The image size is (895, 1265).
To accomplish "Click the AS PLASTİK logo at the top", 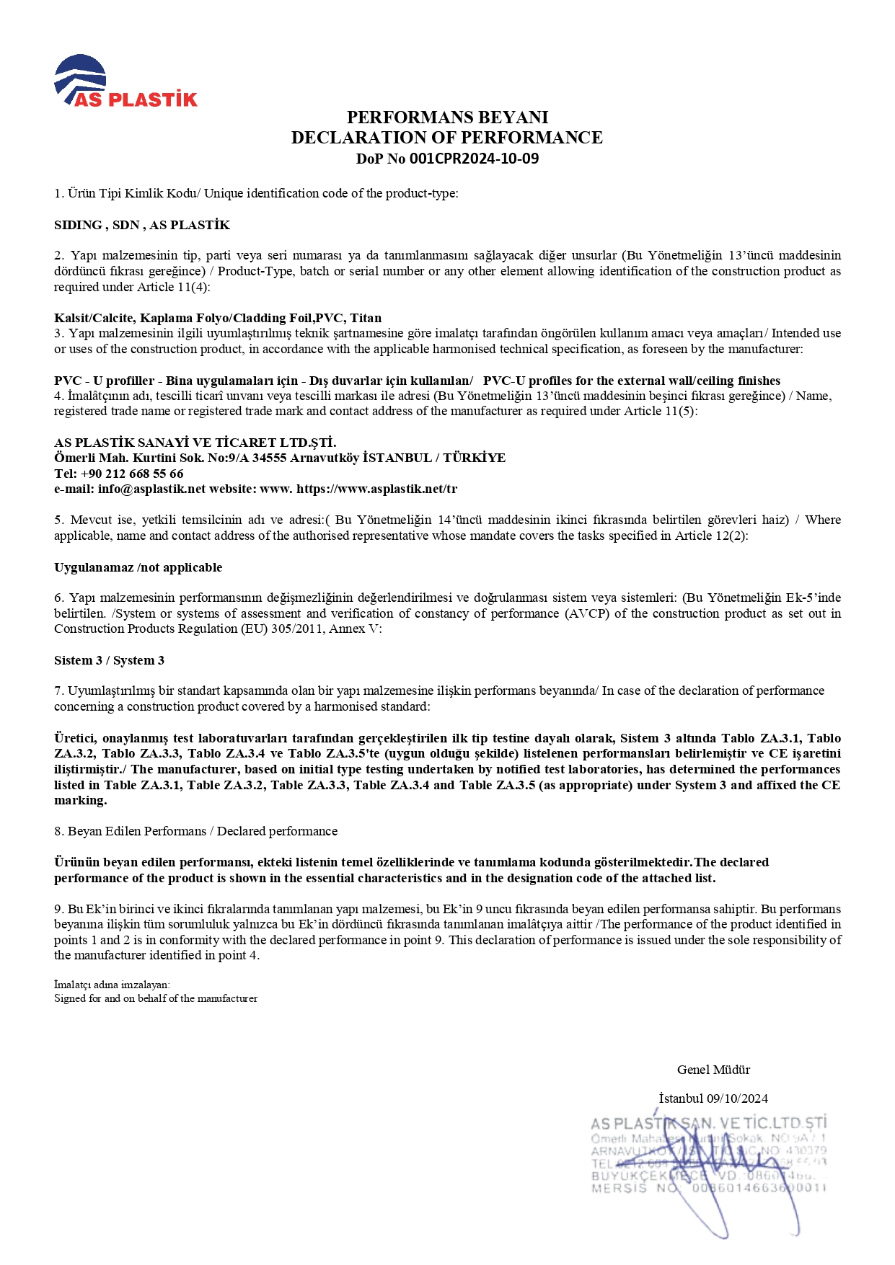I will click(x=125, y=81).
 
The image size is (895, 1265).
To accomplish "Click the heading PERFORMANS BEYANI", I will click(x=447, y=117).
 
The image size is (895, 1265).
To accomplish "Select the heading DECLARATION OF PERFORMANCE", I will click(x=447, y=137).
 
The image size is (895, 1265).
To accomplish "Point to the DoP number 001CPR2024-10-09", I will click(x=474, y=159).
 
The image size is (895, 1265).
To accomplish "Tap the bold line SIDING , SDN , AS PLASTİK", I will click(x=142, y=225).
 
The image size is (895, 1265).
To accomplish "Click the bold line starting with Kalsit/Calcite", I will click(x=218, y=318).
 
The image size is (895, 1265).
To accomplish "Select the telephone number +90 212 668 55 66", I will click(x=132, y=474).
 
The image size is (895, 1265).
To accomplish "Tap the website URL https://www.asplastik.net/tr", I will click(x=376, y=489).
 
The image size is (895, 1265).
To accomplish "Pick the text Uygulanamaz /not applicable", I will click(x=138, y=567).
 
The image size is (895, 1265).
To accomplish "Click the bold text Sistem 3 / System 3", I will click(x=109, y=660).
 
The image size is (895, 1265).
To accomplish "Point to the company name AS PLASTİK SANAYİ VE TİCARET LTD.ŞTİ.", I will click(x=195, y=443).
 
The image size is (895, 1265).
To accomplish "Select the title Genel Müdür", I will click(x=713, y=1070).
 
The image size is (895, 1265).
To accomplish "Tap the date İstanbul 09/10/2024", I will click(x=713, y=1098).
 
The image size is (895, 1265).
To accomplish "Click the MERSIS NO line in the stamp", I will click(x=708, y=1188).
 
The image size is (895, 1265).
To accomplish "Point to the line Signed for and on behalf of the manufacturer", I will click(x=156, y=998).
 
